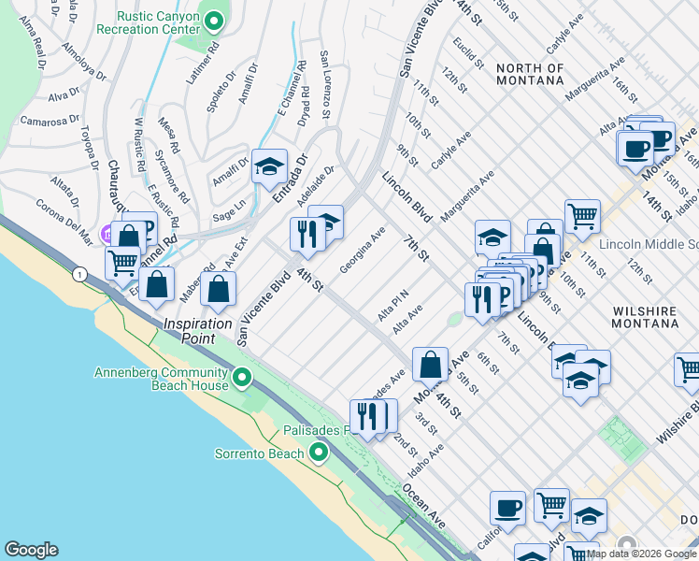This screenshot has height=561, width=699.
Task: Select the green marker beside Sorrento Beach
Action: point(319,453)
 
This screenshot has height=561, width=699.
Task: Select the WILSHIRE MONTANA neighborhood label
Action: point(644,315)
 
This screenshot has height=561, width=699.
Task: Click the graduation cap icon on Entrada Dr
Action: point(270,166)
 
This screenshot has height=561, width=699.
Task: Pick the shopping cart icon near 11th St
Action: point(582,216)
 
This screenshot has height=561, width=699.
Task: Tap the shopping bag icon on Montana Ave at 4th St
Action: point(430,364)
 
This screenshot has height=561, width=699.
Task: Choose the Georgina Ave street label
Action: point(363,251)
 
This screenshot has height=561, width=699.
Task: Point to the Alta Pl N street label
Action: point(393,308)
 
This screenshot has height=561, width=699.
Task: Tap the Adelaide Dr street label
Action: point(316,188)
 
